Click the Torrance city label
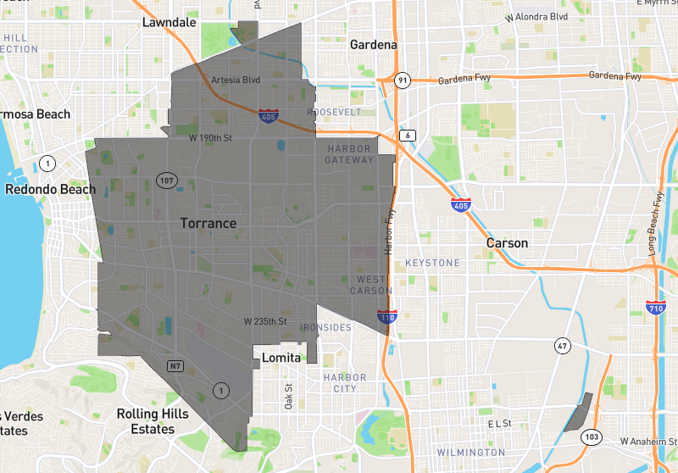point(208,223)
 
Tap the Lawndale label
point(169,22)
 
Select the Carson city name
point(507,243)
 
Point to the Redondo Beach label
point(51,189)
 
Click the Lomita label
point(281,358)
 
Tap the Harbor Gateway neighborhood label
point(349,153)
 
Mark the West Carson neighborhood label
point(371,285)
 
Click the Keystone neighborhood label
point(432,263)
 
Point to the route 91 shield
point(402,81)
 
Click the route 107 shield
point(165,180)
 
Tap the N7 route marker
point(175,366)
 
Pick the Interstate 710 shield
point(654,308)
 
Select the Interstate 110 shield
point(386,317)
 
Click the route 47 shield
point(562,345)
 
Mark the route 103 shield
point(591,437)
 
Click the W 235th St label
point(265,322)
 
